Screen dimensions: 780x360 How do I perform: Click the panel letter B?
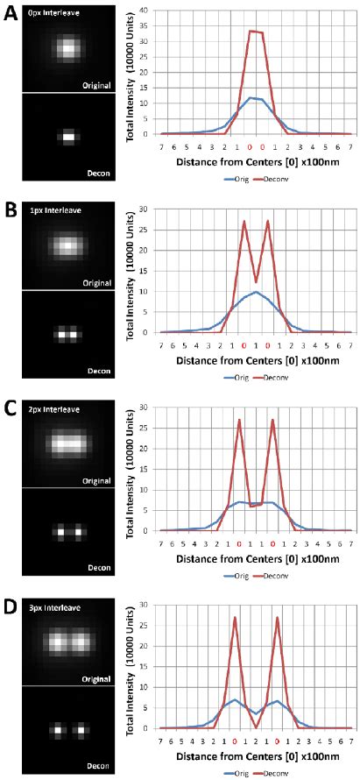click(x=10, y=211)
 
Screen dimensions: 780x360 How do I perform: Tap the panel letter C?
click(x=10, y=408)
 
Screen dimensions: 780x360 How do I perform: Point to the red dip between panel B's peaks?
click(x=255, y=282)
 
